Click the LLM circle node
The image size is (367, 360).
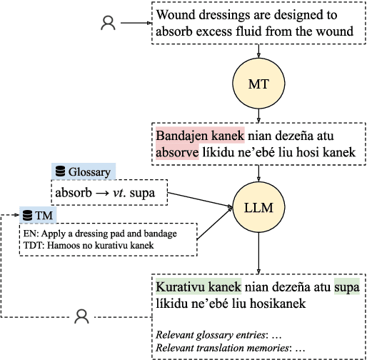259,208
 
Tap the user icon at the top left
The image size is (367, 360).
108,24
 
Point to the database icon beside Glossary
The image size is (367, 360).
60,171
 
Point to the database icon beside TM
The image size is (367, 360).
27,214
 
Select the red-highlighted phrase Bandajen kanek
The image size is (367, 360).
200,135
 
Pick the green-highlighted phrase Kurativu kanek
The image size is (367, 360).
199,286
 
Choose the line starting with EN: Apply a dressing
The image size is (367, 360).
100,234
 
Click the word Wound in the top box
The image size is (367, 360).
175,15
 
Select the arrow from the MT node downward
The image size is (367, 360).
259,114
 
